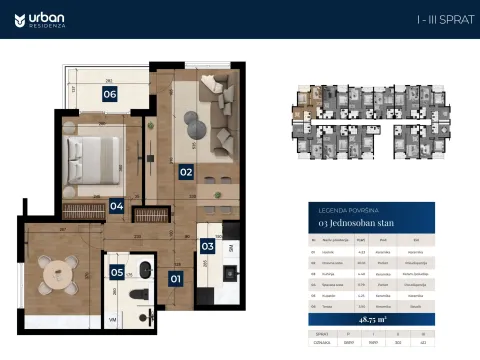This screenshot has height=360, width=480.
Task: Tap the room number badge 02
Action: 186,171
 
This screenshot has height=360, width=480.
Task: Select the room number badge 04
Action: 116,206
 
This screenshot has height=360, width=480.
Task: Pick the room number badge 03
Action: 207,245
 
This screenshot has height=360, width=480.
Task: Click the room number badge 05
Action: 117,271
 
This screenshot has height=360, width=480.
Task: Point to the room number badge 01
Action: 176,279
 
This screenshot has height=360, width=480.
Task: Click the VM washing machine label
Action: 113,319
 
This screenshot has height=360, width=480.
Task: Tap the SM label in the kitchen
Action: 231,247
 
